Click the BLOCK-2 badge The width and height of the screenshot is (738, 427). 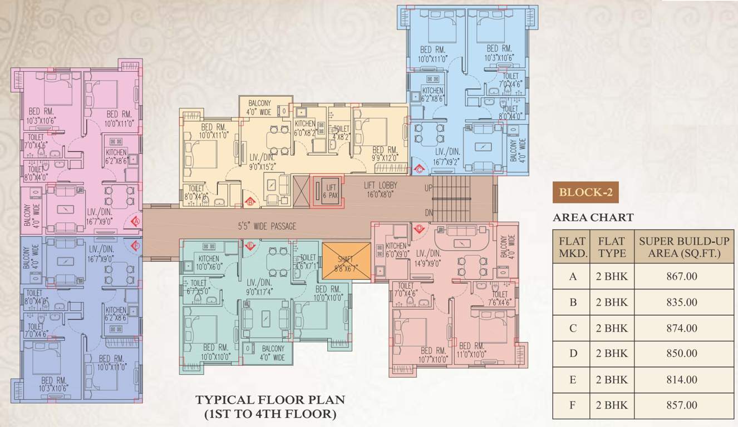pyautogui.click(x=586, y=193)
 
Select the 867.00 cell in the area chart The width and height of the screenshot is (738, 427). pyautogui.click(x=681, y=276)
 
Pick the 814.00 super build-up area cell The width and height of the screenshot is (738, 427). pyautogui.click(x=681, y=380)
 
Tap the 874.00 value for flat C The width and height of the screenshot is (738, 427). pyautogui.click(x=681, y=328)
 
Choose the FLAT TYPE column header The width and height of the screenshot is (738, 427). pyautogui.click(x=612, y=247)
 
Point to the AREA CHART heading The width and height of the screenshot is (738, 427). pyautogui.click(x=593, y=217)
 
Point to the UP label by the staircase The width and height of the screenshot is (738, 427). pyautogui.click(x=428, y=188)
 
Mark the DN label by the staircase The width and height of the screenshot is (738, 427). pyautogui.click(x=428, y=212)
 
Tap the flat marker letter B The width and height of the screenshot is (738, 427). pyautogui.click(x=250, y=202)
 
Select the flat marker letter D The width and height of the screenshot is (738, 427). pyautogui.click(x=419, y=229)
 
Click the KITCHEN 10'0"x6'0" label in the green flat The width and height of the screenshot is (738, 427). pyautogui.click(x=208, y=262)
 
